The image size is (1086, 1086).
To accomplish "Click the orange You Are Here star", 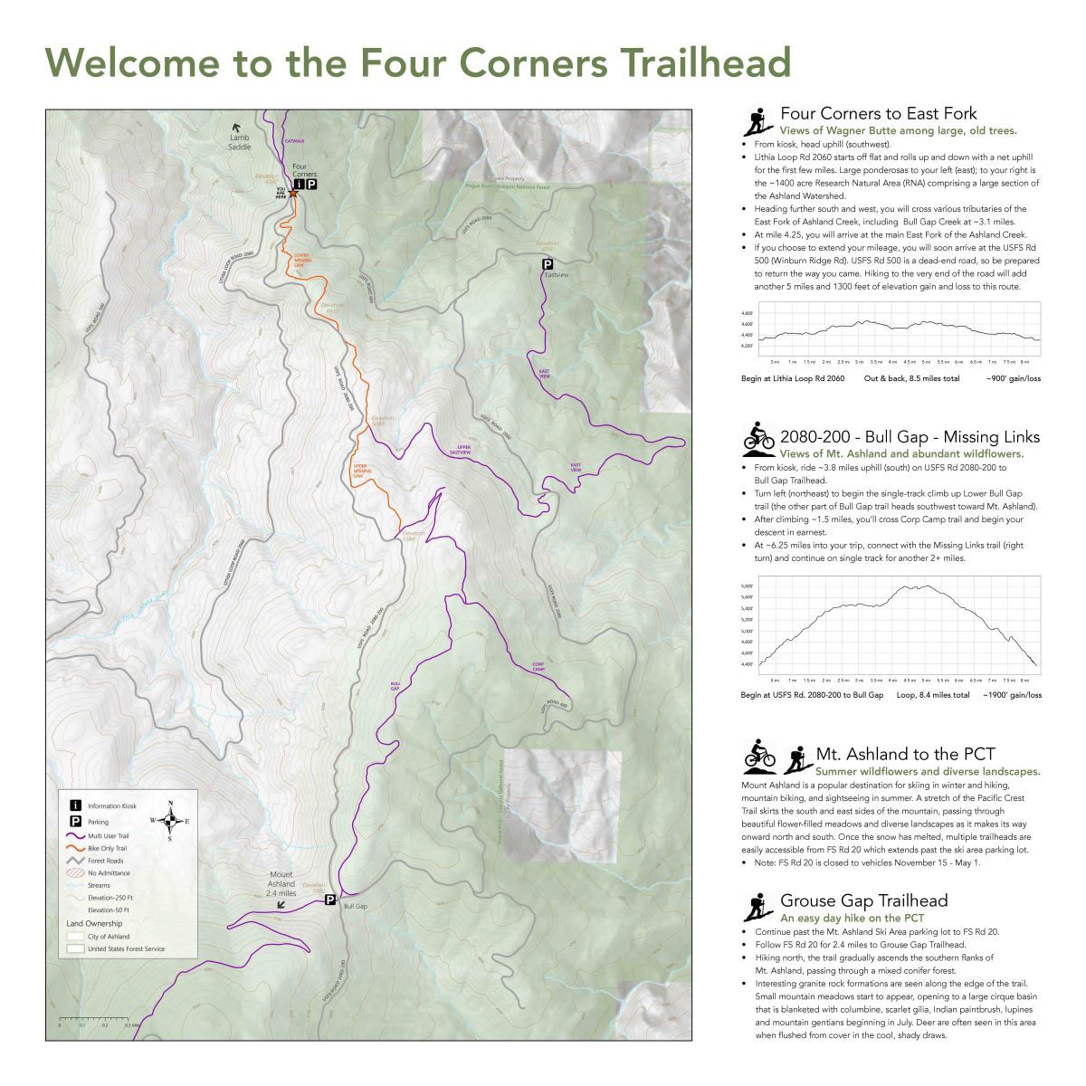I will [291, 193].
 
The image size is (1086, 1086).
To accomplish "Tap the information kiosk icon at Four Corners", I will [298, 184].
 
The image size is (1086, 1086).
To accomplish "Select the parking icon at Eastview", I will [547, 263].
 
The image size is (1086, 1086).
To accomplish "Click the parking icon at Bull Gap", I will [330, 900].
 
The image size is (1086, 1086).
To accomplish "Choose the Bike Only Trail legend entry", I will [107, 848].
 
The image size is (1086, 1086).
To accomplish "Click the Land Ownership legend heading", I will [94, 923].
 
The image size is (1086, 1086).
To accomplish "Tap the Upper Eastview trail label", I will [464, 450].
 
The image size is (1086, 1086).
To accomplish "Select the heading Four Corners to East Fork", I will [878, 114].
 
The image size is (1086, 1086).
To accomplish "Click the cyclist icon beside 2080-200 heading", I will [758, 436].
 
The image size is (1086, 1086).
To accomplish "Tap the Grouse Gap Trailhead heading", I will [863, 900].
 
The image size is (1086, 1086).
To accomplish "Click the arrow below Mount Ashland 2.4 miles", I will [281, 904].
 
